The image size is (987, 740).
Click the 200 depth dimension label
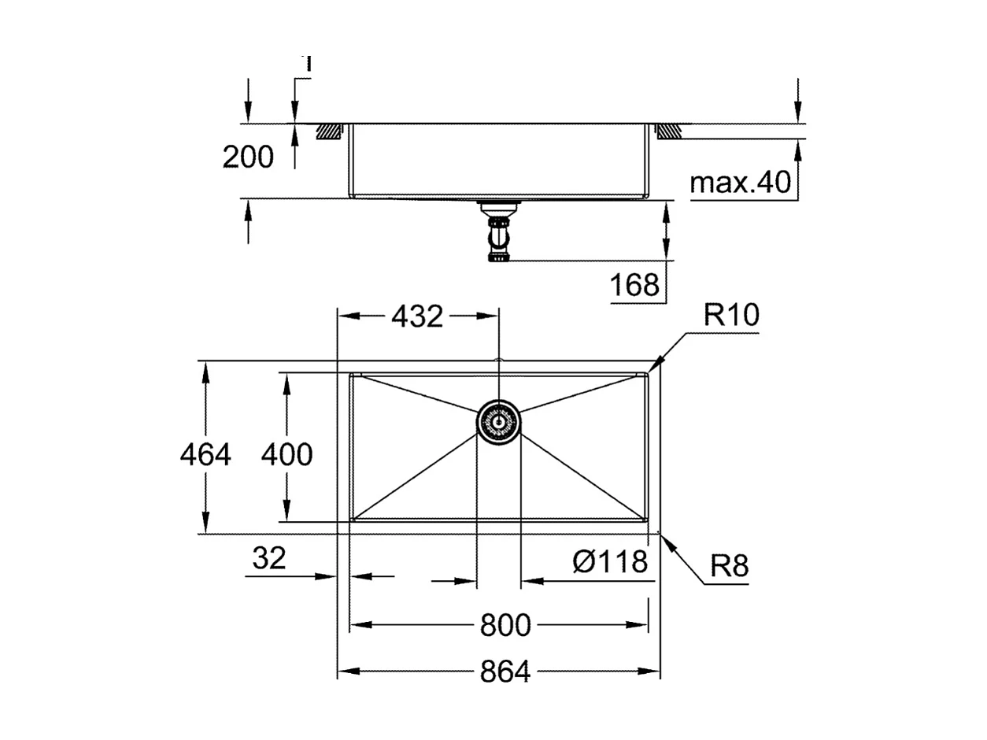(x=248, y=157)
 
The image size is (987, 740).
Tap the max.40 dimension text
(x=740, y=183)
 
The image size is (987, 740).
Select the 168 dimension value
(x=635, y=285)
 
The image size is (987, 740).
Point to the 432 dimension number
(x=417, y=316)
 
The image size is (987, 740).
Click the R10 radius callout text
(x=731, y=316)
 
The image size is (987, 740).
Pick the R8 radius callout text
(x=729, y=566)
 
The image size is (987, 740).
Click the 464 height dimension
(x=205, y=454)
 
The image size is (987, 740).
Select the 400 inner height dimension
(x=286, y=454)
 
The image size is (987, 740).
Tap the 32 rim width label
(x=269, y=559)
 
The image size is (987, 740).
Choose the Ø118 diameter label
(x=611, y=562)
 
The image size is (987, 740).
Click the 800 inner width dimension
(x=505, y=626)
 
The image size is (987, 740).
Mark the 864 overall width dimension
(x=505, y=672)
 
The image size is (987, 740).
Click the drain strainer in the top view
(x=498, y=422)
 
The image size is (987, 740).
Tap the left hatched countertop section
(x=330, y=131)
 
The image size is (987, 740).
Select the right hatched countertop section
(x=669, y=131)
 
